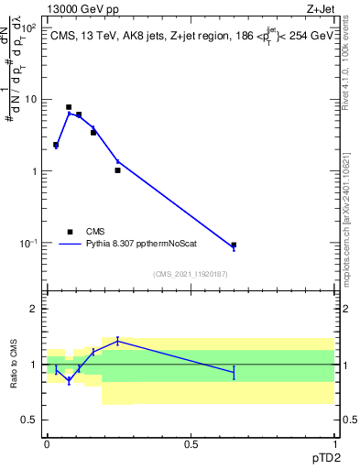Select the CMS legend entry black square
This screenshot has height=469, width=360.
point(70,232)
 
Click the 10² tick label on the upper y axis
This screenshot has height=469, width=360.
point(29,27)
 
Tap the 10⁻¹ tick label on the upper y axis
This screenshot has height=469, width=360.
point(28,243)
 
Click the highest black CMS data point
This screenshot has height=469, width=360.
point(69,107)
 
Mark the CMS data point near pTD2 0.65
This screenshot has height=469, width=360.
point(234,245)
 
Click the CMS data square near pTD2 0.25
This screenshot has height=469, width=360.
point(117,170)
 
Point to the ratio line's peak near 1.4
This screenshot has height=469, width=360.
point(117,341)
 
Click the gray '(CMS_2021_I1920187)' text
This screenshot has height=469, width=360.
point(190,274)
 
